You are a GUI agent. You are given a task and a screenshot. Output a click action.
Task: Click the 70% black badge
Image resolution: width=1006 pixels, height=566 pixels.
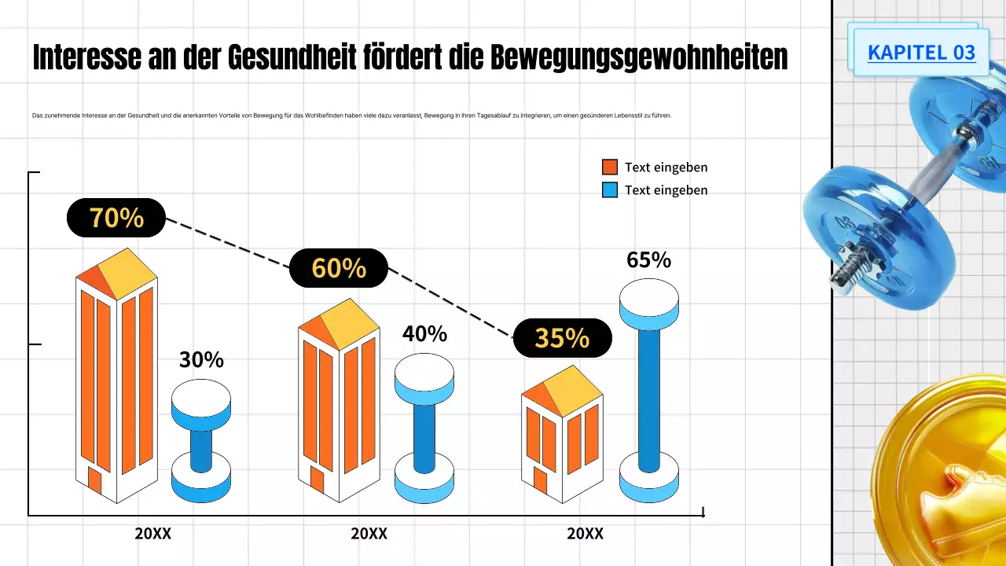tap(116, 218)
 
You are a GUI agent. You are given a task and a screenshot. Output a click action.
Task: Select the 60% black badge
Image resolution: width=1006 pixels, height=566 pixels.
tap(339, 268)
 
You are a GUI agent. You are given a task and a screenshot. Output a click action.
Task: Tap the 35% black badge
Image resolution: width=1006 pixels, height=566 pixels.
tap(562, 338)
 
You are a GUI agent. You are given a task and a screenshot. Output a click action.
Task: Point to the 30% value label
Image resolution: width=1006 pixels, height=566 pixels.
tap(201, 359)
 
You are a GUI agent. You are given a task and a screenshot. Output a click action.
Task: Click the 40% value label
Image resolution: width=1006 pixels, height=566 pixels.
tap(424, 333)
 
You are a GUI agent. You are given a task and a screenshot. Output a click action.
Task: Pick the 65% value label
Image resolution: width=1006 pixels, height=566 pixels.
tap(648, 259)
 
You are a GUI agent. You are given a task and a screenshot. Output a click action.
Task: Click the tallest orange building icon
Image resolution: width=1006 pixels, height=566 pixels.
tap(116, 377)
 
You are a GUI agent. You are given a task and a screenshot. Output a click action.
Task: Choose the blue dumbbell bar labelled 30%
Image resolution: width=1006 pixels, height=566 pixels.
tap(201, 441)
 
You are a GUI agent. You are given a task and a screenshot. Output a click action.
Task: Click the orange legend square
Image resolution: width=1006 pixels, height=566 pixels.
tap(610, 167)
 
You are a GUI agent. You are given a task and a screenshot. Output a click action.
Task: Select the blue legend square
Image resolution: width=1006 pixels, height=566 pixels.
tap(610, 189)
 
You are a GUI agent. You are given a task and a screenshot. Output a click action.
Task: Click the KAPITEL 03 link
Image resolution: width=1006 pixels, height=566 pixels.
tap(921, 53)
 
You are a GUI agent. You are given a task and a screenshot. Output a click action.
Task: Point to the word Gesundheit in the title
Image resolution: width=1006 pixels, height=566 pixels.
tap(294, 58)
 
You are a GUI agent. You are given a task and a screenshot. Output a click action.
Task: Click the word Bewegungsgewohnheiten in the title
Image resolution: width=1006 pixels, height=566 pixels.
tap(639, 58)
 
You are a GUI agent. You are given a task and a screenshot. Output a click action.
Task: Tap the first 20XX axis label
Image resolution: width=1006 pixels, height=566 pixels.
tap(152, 534)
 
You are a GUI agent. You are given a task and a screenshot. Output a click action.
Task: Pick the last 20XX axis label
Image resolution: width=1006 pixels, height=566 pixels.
tap(585, 534)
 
